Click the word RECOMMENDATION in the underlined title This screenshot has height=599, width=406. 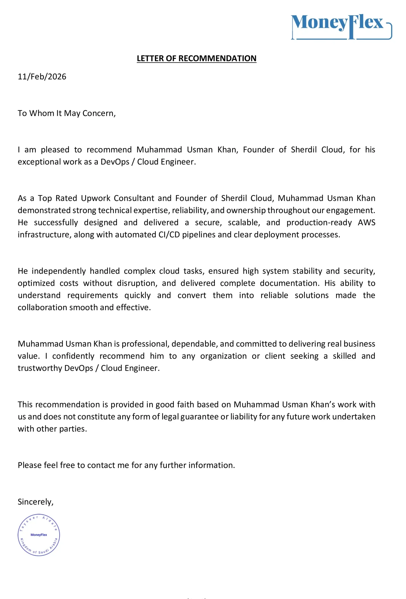(x=217, y=58)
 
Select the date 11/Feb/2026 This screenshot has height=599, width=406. (x=42, y=77)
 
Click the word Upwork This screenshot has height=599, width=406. (x=96, y=198)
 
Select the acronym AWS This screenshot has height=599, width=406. (x=366, y=223)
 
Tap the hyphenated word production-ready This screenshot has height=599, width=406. (x=319, y=223)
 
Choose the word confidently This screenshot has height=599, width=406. (x=73, y=356)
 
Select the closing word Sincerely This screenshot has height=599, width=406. (x=35, y=502)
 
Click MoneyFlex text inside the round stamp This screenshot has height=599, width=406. (x=39, y=535)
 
